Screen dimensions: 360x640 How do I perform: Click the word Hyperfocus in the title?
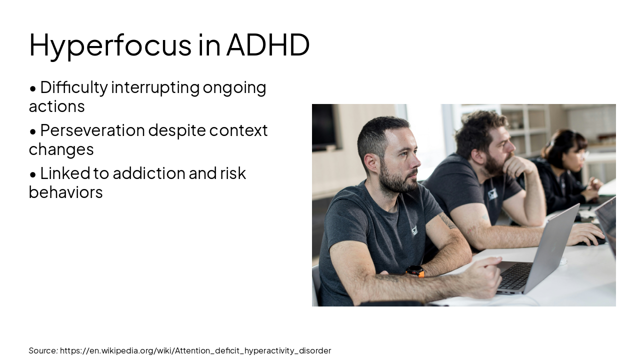pyautogui.click(x=110, y=45)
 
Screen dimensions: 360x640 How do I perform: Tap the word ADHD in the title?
pyautogui.click(x=268, y=45)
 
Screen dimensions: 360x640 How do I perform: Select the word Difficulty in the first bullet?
pyautogui.click(x=73, y=87)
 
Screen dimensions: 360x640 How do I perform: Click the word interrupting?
pyautogui.click(x=155, y=87)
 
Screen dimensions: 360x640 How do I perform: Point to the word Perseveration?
pyautogui.click(x=92, y=130)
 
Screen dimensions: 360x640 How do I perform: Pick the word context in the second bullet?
pyautogui.click(x=238, y=130)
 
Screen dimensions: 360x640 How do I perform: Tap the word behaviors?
pyautogui.click(x=65, y=192)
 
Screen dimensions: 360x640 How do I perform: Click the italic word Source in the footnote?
pyautogui.click(x=43, y=350)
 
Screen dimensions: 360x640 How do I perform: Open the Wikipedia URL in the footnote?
pyautogui.click(x=195, y=350)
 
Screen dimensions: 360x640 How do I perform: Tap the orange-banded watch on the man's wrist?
pyautogui.click(x=415, y=271)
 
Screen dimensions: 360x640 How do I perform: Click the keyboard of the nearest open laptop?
pyautogui.click(x=515, y=276)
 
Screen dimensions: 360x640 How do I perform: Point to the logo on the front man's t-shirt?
pyautogui.click(x=414, y=231)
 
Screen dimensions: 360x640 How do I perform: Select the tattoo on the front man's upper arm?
pyautogui.click(x=446, y=220)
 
